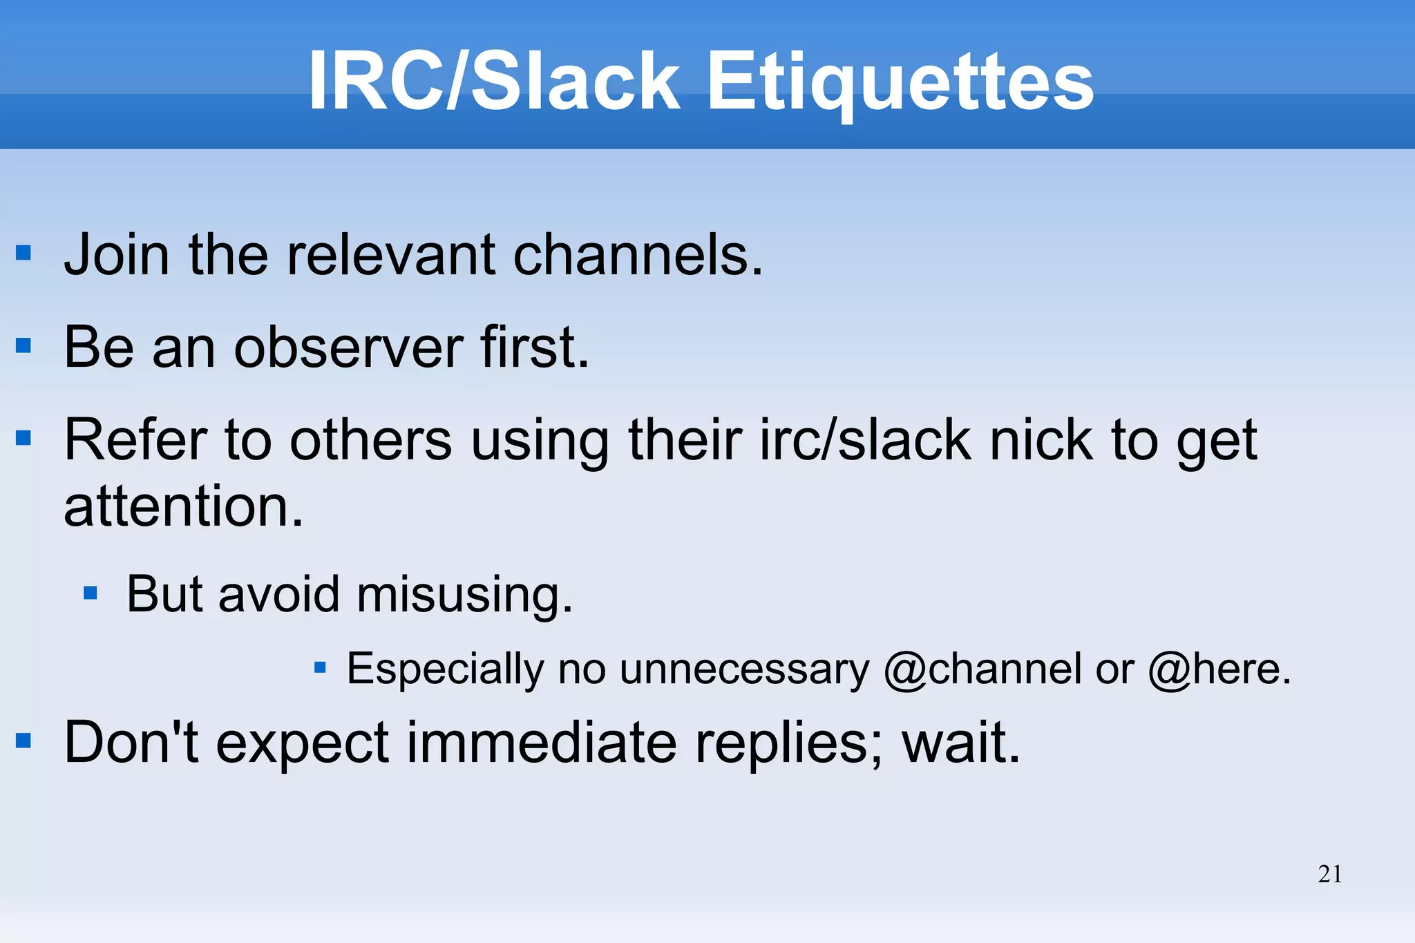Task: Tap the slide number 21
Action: pyautogui.click(x=1330, y=874)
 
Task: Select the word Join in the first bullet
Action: pyautogui.click(x=117, y=255)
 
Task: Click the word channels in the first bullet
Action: pyautogui.click(x=637, y=255)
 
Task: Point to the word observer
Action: pyautogui.click(x=348, y=347)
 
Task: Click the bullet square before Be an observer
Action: pyautogui.click(x=23, y=345)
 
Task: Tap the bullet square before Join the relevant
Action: pyautogui.click(x=23, y=253)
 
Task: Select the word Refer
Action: pyautogui.click(x=136, y=440)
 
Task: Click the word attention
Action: pyautogui.click(x=182, y=506)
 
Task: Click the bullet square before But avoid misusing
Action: pyautogui.click(x=90, y=593)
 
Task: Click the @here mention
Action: pyautogui.click(x=1217, y=669)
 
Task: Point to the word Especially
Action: pyautogui.click(x=446, y=669)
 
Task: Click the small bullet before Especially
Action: pyautogui.click(x=320, y=667)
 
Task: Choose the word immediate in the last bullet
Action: pyautogui.click(x=541, y=743)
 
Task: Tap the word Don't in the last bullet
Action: pyautogui.click(x=131, y=743)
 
